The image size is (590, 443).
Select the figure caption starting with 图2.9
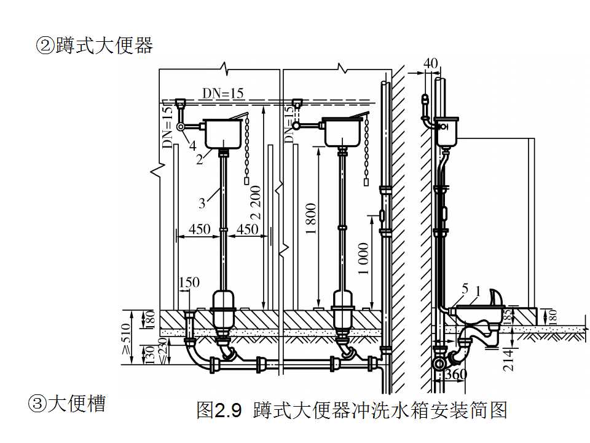[x=352, y=410]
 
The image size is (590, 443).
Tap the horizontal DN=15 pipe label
[x=223, y=93]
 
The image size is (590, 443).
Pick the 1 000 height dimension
[x=363, y=258]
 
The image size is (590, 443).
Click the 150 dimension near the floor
[x=189, y=282]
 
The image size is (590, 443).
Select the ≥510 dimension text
[x=127, y=338]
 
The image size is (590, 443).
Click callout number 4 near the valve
[x=192, y=146]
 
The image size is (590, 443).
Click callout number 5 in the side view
[x=465, y=289]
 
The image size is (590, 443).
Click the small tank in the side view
[x=446, y=132]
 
